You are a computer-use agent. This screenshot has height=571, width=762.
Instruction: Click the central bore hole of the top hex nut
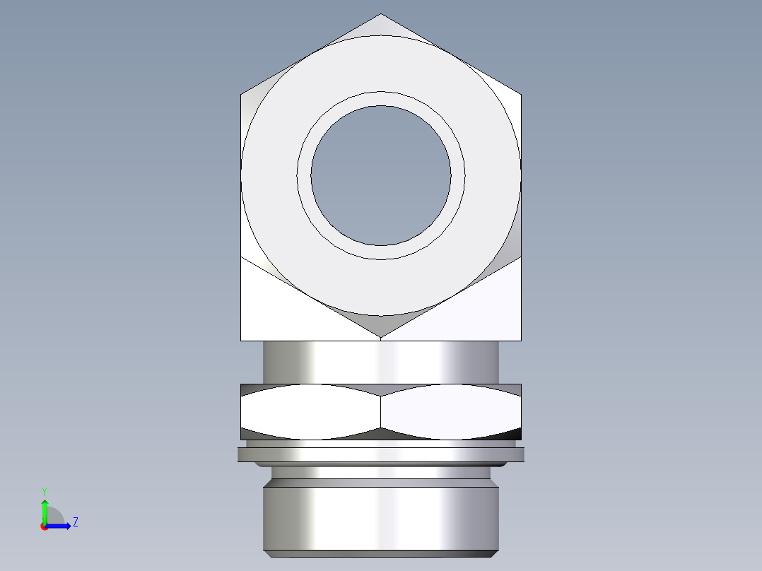(381, 175)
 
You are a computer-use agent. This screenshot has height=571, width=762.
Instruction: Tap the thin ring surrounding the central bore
(381, 98)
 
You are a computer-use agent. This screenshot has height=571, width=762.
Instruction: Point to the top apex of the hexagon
(381, 15)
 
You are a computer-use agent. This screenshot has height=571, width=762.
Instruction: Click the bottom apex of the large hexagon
(381, 336)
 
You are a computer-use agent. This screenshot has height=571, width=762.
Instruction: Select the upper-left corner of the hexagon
(242, 94)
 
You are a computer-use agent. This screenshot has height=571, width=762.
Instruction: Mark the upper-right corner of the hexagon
(521, 94)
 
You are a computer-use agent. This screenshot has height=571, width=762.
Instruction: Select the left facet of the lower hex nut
(311, 412)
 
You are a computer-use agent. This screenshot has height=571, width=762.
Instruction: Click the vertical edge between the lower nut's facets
(381, 412)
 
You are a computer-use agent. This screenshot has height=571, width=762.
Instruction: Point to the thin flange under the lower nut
(381, 454)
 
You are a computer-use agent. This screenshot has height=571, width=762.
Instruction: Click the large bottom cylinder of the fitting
(381, 516)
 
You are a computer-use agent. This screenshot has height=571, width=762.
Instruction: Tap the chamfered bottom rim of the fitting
(381, 553)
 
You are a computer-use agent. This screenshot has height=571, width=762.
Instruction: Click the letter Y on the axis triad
(44, 490)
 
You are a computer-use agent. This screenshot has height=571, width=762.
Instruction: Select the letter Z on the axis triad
(75, 522)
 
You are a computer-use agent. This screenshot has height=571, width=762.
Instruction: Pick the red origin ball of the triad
(44, 526)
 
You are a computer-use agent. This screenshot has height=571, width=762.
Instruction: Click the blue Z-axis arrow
(62, 526)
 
